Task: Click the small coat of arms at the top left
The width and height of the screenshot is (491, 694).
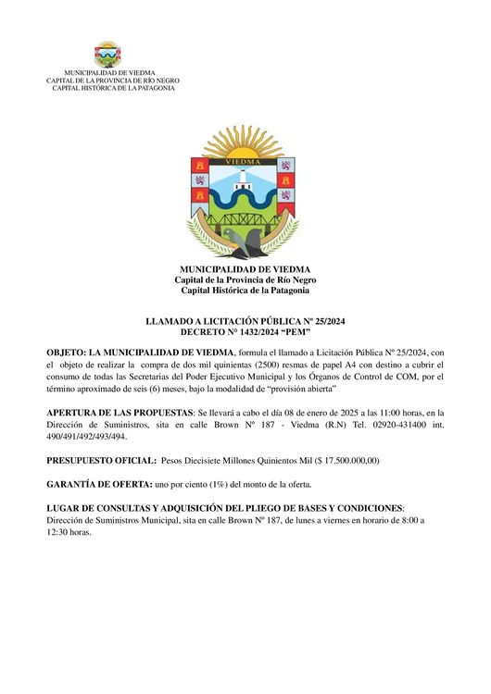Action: [x=107, y=54]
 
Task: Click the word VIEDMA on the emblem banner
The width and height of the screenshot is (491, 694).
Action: [x=245, y=170]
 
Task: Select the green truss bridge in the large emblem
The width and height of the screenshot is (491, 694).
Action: [x=245, y=221]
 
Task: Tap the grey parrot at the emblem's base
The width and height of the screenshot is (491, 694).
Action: [x=246, y=242]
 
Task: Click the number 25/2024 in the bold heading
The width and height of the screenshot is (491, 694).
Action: [x=325, y=321]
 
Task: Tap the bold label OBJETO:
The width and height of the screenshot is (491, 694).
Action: [x=68, y=353]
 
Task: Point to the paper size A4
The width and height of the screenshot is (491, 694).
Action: [x=344, y=365]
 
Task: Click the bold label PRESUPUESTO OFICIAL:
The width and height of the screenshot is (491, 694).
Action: [x=101, y=460]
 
